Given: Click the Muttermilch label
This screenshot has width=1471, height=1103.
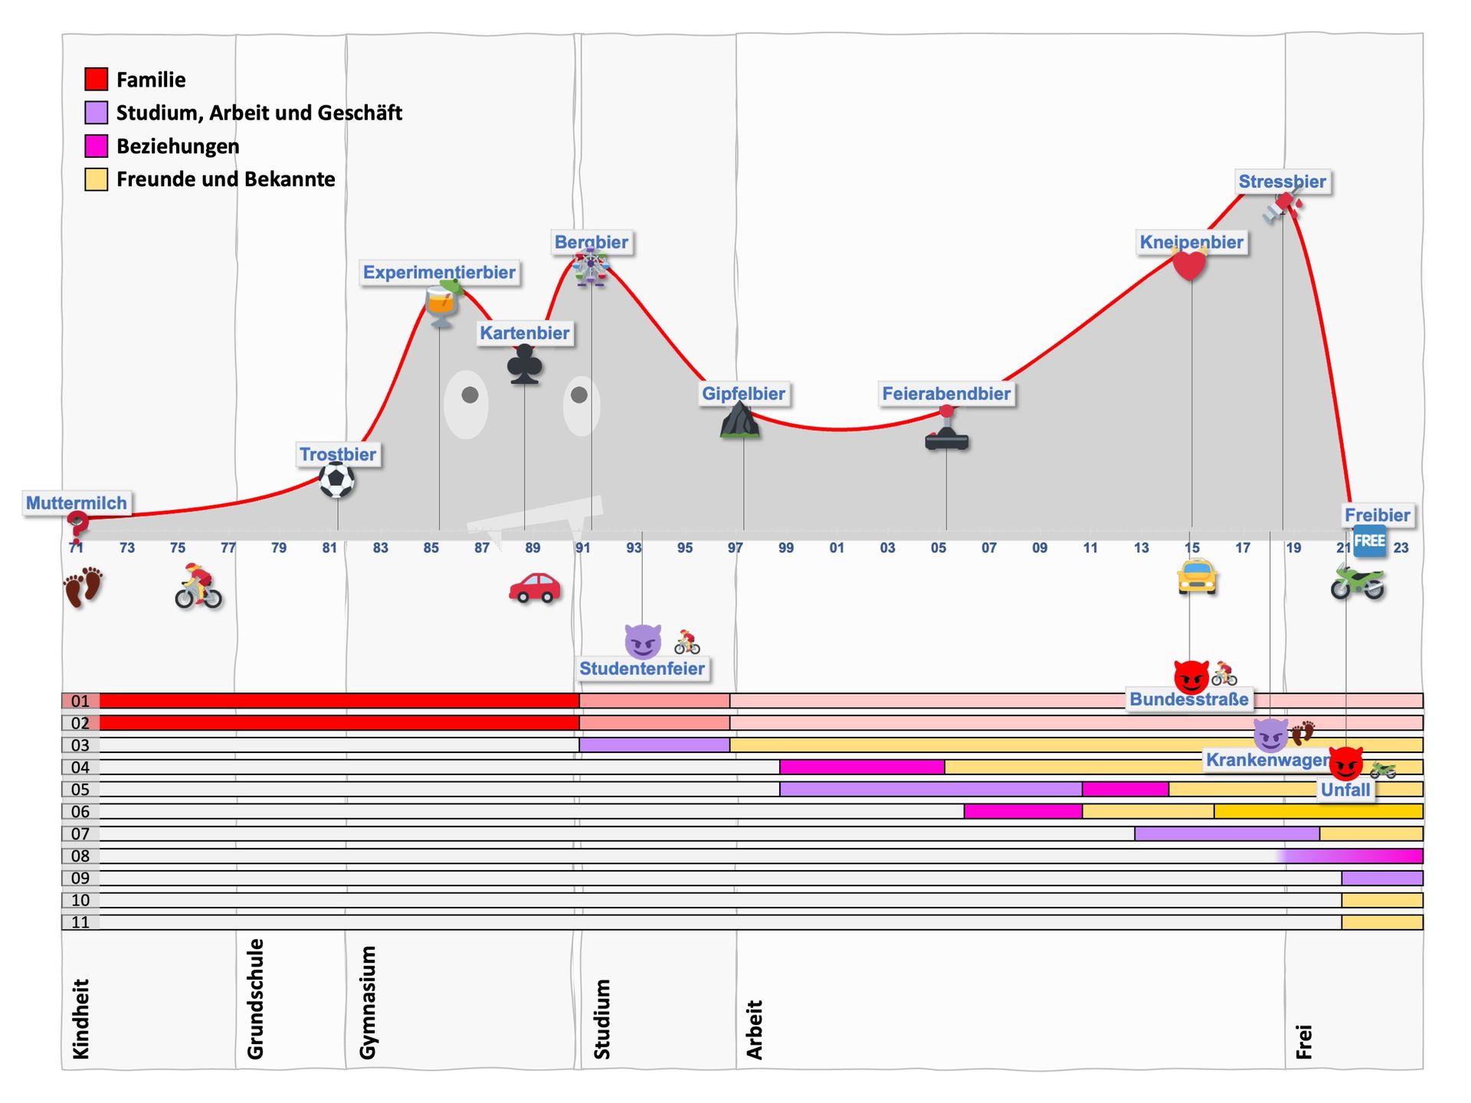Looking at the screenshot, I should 77,503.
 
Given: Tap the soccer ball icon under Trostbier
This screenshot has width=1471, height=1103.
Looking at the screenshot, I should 336,480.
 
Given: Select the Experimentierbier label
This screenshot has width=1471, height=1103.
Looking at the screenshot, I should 439,273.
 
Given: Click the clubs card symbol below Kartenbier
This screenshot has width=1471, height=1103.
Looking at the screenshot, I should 525,364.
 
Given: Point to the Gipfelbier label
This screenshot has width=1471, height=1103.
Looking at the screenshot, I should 743,394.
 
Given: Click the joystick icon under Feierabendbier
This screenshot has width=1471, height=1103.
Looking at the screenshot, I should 947,430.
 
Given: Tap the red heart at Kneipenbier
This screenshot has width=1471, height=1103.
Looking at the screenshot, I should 1189,265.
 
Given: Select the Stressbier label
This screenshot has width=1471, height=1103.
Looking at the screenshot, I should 1282,182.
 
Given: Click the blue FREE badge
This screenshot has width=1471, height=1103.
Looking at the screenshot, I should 1369,541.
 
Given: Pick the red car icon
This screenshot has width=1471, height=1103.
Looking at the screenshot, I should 535,588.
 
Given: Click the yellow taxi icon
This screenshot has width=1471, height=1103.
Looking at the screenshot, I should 1197,577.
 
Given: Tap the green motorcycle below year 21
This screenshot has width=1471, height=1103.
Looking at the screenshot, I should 1357,582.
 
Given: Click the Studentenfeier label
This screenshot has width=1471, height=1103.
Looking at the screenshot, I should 642,669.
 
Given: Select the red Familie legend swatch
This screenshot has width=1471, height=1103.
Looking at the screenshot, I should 96,80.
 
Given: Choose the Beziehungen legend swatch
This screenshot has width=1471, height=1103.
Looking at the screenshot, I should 96,146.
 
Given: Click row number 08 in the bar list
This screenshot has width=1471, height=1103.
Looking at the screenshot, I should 80,856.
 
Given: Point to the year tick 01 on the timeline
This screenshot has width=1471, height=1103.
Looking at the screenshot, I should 837,548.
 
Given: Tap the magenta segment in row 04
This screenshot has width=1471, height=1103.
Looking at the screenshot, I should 862,767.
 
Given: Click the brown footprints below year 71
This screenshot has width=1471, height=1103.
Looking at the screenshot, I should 83,587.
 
